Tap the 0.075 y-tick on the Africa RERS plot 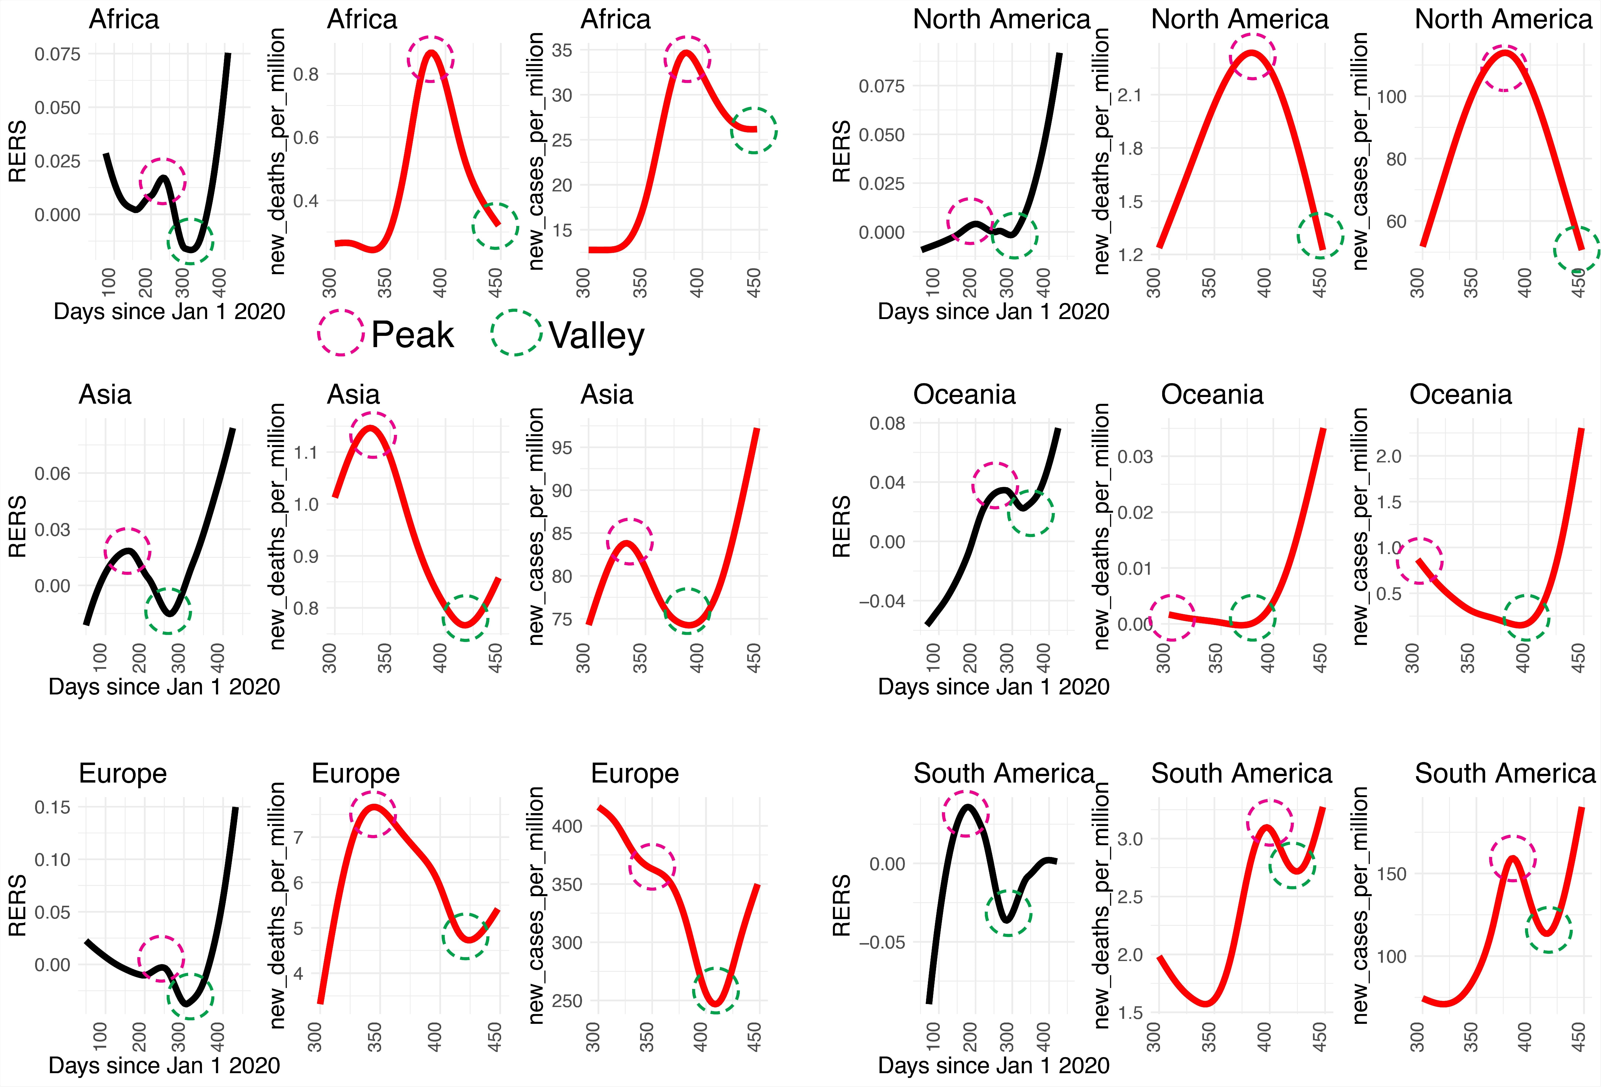pyautogui.click(x=58, y=54)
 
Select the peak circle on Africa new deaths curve pyautogui.click(x=431, y=59)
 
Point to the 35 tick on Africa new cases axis pyautogui.click(x=562, y=50)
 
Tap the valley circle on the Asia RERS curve pyautogui.click(x=168, y=611)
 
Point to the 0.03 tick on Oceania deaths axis pyautogui.click(x=1135, y=457)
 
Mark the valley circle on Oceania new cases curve pyautogui.click(x=1527, y=618)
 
